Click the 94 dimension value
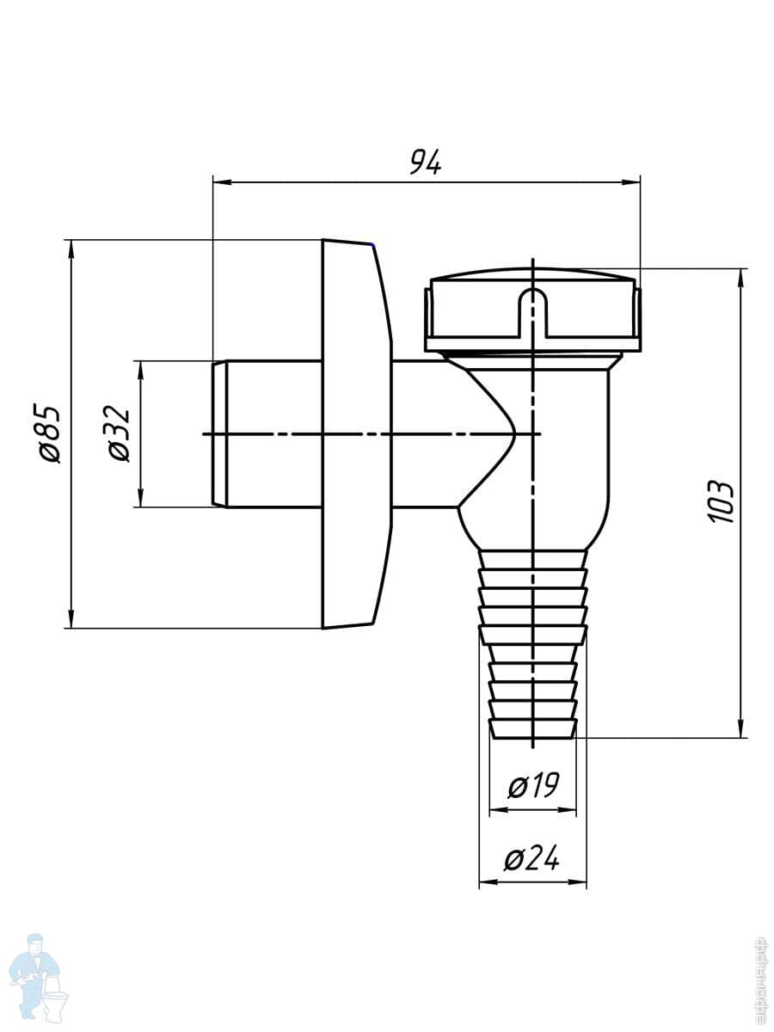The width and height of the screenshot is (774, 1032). click(x=425, y=162)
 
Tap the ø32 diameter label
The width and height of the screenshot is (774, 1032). click(x=120, y=433)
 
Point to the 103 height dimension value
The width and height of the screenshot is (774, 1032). click(x=720, y=502)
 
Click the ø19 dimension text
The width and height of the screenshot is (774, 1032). click(x=533, y=786)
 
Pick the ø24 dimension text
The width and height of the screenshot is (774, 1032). click(x=532, y=858)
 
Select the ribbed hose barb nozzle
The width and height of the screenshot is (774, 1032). click(x=534, y=645)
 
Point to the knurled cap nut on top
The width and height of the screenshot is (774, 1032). click(x=533, y=314)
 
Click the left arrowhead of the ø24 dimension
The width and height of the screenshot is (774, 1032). click(x=487, y=882)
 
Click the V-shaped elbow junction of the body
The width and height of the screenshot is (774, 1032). click(x=490, y=434)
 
